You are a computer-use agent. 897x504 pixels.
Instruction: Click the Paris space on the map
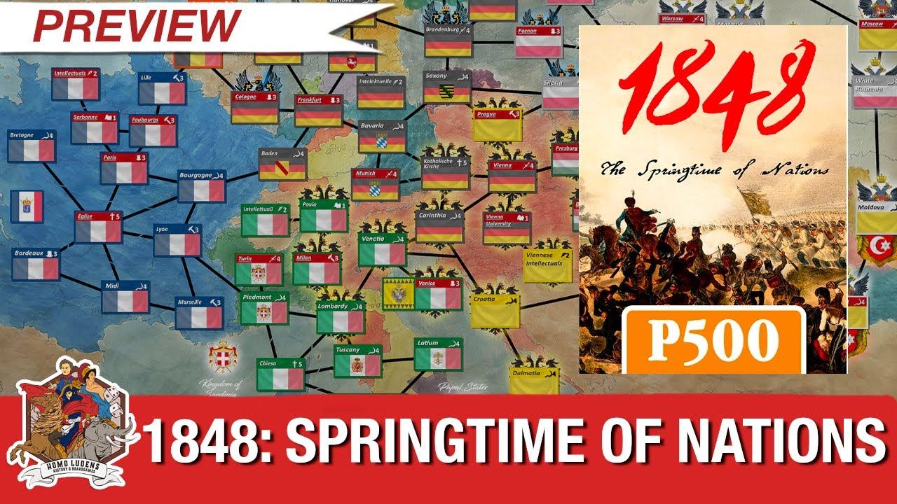(123, 168)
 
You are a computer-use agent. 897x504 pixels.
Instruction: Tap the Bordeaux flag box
(35, 264)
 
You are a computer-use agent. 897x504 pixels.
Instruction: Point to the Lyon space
(177, 240)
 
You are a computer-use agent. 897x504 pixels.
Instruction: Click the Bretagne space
(32, 145)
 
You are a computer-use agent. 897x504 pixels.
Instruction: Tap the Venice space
(437, 294)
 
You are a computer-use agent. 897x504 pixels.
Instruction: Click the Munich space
(375, 183)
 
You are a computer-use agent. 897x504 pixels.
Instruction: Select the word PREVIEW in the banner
(137, 26)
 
